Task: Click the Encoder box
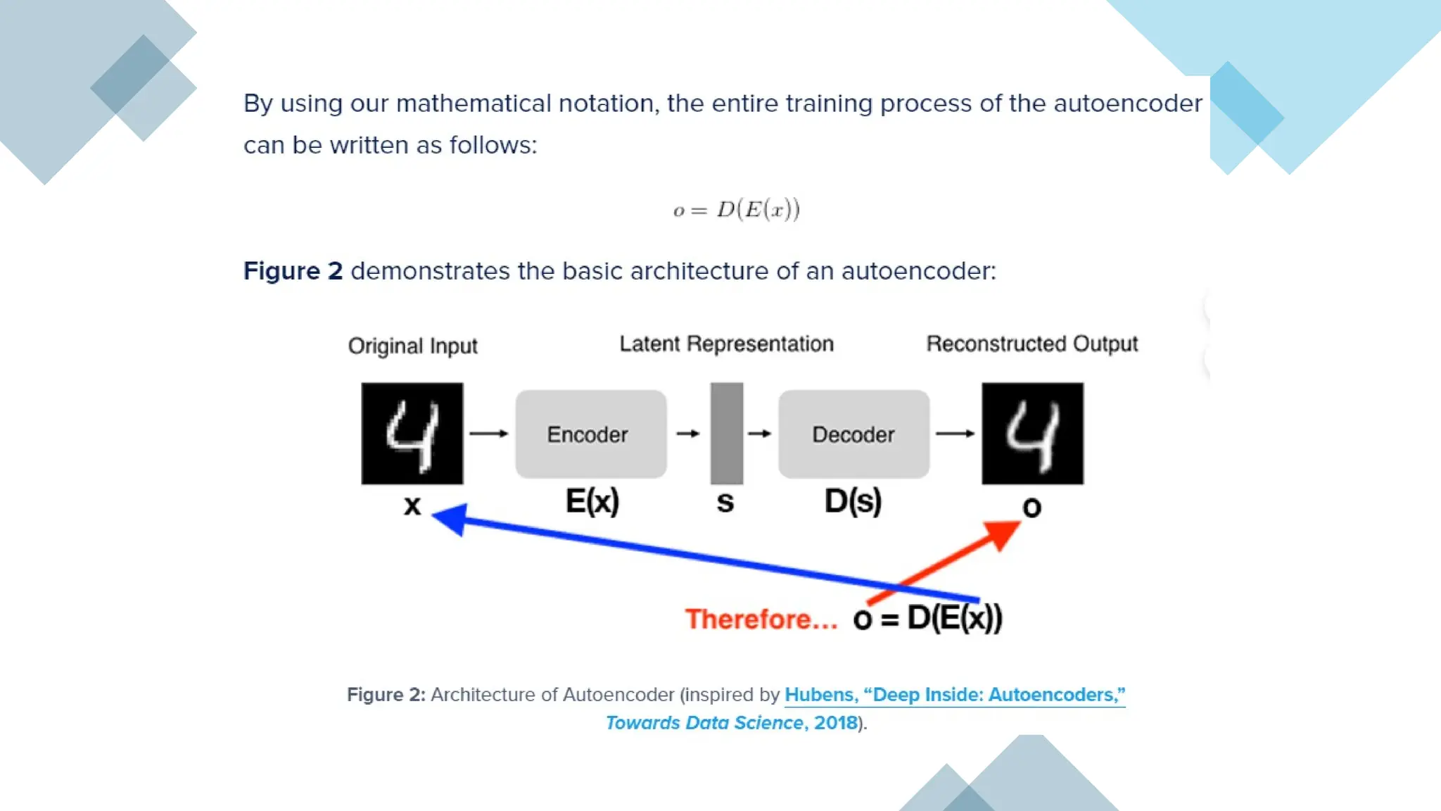point(590,434)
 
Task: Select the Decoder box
point(853,434)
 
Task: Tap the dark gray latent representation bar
point(726,433)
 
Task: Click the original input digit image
point(412,433)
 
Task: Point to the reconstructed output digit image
point(1032,433)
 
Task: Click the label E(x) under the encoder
point(592,501)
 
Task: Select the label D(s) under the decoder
point(853,501)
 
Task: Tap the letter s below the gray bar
point(725,503)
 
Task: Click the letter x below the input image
point(412,505)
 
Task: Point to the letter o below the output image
point(1031,507)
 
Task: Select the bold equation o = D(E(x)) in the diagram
point(927,618)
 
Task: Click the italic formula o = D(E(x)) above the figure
point(736,209)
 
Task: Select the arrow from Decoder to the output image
point(955,434)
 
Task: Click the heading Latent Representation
point(726,344)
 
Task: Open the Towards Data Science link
point(704,723)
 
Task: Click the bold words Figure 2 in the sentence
point(293,271)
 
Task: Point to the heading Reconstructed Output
point(1031,344)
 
